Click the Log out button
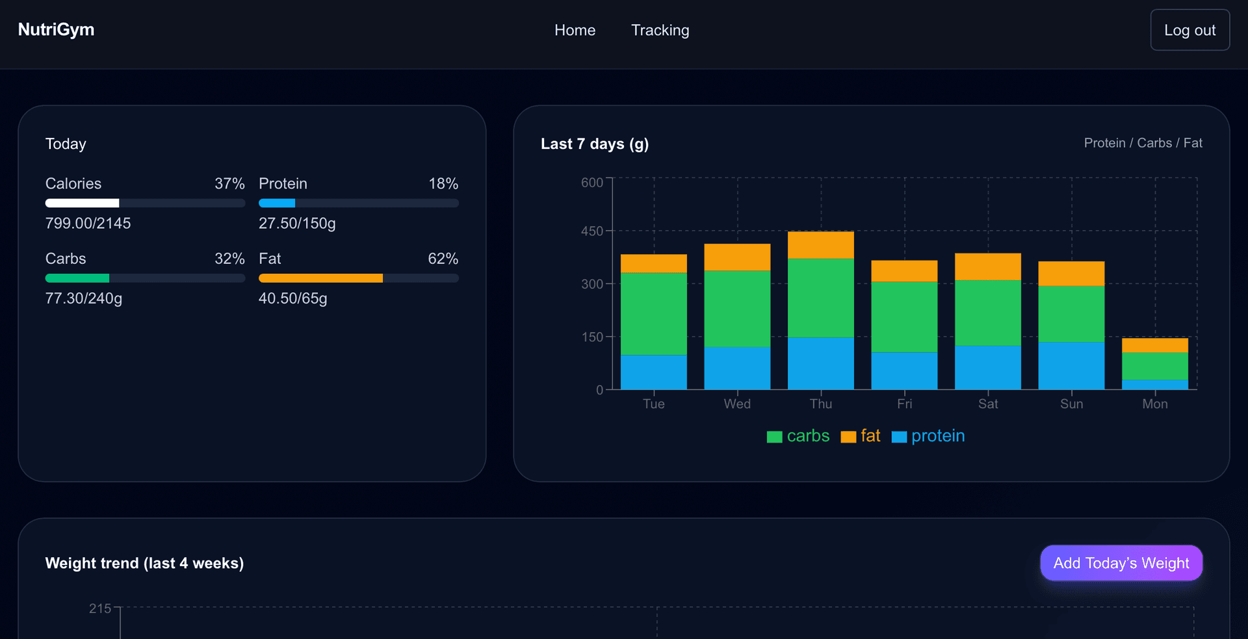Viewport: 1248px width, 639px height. point(1189,30)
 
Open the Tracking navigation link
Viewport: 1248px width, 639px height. point(660,30)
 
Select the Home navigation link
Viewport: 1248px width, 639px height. point(575,30)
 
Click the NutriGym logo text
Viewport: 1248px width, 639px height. point(56,29)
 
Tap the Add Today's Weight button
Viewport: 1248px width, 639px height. point(1121,563)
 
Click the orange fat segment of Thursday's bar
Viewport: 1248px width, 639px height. point(820,245)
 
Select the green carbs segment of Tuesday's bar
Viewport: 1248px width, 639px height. point(653,313)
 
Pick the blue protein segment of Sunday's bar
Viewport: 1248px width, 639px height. point(1071,365)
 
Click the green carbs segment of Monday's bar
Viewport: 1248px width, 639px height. point(1154,366)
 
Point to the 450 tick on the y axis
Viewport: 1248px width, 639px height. point(591,231)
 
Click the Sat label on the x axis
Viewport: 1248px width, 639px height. point(987,404)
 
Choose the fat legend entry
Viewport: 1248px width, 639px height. point(861,436)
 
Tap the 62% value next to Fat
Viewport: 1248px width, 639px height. point(443,259)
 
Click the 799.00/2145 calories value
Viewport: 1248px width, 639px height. point(88,223)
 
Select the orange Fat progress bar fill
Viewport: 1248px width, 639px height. point(320,278)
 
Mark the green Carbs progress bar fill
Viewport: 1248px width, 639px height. point(77,278)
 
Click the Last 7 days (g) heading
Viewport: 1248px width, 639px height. point(594,144)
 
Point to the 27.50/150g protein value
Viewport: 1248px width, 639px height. point(297,223)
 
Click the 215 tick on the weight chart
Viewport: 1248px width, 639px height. point(100,608)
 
